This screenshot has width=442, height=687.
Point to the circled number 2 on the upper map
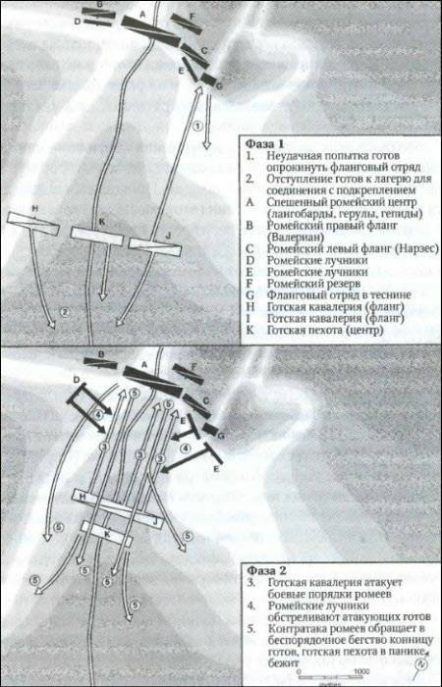[65, 311]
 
